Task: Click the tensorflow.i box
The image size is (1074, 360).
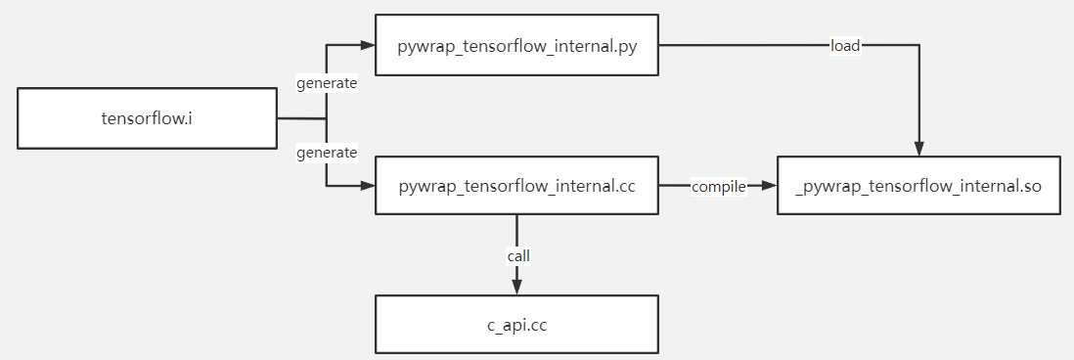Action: point(147,118)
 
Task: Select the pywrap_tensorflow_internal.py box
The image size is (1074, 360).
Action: point(516,46)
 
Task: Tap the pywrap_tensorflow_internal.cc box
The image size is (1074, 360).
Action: point(516,185)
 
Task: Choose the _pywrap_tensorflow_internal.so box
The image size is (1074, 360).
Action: point(918,185)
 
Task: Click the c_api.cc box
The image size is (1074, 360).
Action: point(516,324)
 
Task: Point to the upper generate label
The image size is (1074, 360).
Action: point(327,84)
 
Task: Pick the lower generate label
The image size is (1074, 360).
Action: point(327,153)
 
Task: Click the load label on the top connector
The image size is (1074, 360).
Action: point(845,46)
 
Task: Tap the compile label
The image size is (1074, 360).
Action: point(719,185)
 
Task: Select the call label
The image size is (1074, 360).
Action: point(517,255)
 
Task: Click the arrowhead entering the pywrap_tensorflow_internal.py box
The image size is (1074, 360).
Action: point(368,46)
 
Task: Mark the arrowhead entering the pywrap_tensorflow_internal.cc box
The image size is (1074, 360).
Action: point(368,185)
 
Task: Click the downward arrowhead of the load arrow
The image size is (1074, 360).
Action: point(918,148)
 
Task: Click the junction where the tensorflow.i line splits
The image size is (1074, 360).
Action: point(326,118)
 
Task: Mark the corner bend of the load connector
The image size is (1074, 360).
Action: point(918,46)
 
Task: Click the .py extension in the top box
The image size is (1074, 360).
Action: point(626,46)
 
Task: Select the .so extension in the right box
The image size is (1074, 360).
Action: point(1029,185)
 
